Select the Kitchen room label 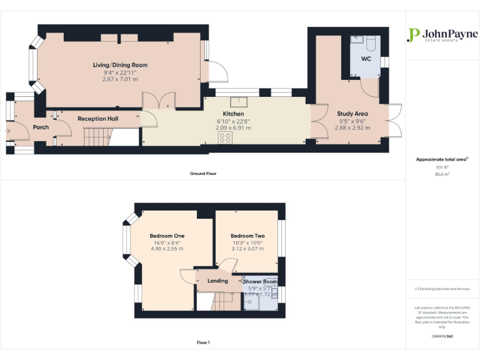(x=224, y=114)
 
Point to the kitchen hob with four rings (x=225, y=139)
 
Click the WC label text (x=366, y=59)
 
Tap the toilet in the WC (x=370, y=43)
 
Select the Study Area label (x=352, y=114)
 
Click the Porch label (x=41, y=127)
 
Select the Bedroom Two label (x=247, y=236)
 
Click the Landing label (x=217, y=281)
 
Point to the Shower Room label (x=261, y=282)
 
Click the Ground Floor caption (x=203, y=173)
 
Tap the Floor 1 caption (x=203, y=342)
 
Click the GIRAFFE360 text (x=442, y=336)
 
